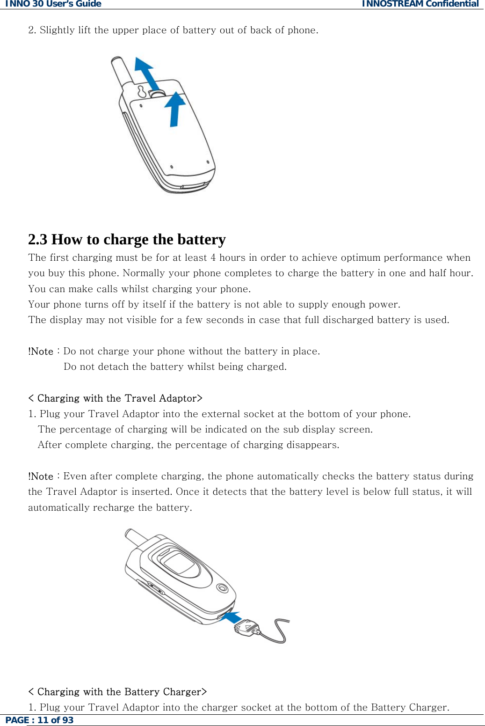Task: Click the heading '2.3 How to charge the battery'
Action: click(127, 239)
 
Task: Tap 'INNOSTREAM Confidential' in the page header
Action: click(420, 4)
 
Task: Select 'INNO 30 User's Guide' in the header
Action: click(53, 4)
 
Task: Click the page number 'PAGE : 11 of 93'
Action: click(39, 720)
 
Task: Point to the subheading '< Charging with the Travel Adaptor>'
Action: click(115, 398)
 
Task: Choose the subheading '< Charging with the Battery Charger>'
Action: click(117, 692)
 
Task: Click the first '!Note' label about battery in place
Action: click(41, 352)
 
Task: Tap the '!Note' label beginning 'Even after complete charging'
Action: click(41, 477)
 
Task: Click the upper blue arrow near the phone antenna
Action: click(147, 73)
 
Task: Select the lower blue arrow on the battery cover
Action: click(175, 109)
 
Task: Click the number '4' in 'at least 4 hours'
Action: click(213, 257)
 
